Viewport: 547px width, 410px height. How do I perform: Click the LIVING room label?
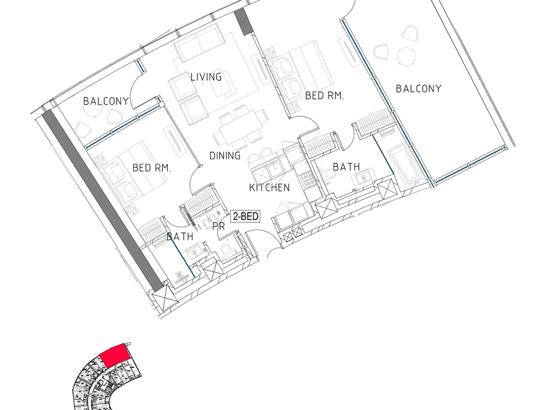206,77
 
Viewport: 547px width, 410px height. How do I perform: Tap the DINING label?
225,156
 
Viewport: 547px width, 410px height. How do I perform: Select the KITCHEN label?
269,188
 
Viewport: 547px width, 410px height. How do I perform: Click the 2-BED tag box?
245,216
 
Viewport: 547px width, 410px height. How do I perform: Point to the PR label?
219,227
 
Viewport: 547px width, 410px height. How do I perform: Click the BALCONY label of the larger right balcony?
419,89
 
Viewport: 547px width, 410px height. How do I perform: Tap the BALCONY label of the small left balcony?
106,101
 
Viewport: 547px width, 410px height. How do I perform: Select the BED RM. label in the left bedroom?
151,168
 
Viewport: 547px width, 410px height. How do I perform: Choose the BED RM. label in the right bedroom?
325,96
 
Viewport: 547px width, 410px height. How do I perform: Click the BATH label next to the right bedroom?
346,167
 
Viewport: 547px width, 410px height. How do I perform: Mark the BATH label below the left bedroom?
180,237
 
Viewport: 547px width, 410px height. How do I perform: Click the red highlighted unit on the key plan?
115,356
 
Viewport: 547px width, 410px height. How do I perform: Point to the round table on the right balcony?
407,57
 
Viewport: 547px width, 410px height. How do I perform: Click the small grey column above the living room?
244,21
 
